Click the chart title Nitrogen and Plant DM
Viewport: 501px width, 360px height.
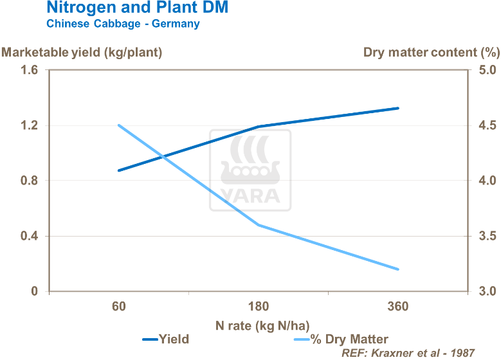click(137, 8)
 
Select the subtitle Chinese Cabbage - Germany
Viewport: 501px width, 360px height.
click(122, 24)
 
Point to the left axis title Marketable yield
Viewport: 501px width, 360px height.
click(81, 52)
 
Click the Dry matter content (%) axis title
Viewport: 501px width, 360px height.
click(432, 52)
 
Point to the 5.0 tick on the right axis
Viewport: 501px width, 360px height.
click(486, 70)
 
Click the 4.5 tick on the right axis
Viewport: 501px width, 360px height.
click(486, 125)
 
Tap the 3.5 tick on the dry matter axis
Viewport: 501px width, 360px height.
click(486, 236)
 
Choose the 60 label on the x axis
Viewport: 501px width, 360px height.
click(118, 307)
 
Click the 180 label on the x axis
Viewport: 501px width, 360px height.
click(259, 307)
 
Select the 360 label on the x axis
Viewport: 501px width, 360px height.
click(399, 307)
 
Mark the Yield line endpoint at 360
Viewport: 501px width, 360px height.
click(399, 108)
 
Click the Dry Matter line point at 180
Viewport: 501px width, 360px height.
click(259, 225)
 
